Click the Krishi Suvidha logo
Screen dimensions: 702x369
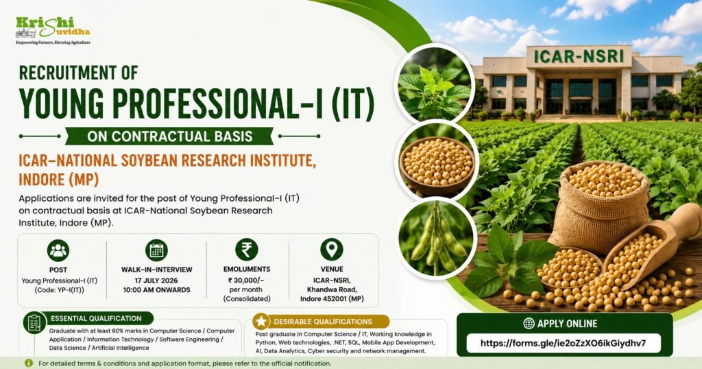pos(53,30)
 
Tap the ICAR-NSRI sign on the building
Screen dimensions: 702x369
pos(579,56)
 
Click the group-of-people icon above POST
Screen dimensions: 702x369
pos(58,250)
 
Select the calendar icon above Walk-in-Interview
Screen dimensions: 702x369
pos(157,250)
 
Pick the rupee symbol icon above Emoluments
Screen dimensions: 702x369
pos(247,250)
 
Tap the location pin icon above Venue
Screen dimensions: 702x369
pos(332,250)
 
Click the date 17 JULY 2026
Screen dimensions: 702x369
pos(156,281)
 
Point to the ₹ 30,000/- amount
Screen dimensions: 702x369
pos(246,280)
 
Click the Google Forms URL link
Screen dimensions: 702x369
pos(564,344)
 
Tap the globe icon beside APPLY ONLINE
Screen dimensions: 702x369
pos(529,323)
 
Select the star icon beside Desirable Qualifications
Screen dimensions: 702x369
pos(261,321)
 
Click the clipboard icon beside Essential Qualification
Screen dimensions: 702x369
pos(35,322)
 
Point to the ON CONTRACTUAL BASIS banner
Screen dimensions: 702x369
pos(170,136)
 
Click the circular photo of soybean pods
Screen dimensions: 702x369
pos(436,239)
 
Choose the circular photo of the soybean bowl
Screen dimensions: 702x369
pos(437,160)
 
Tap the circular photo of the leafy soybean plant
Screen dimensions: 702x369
pos(434,84)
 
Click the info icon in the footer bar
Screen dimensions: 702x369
pos(29,364)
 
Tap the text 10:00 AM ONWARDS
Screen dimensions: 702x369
pos(157,289)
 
